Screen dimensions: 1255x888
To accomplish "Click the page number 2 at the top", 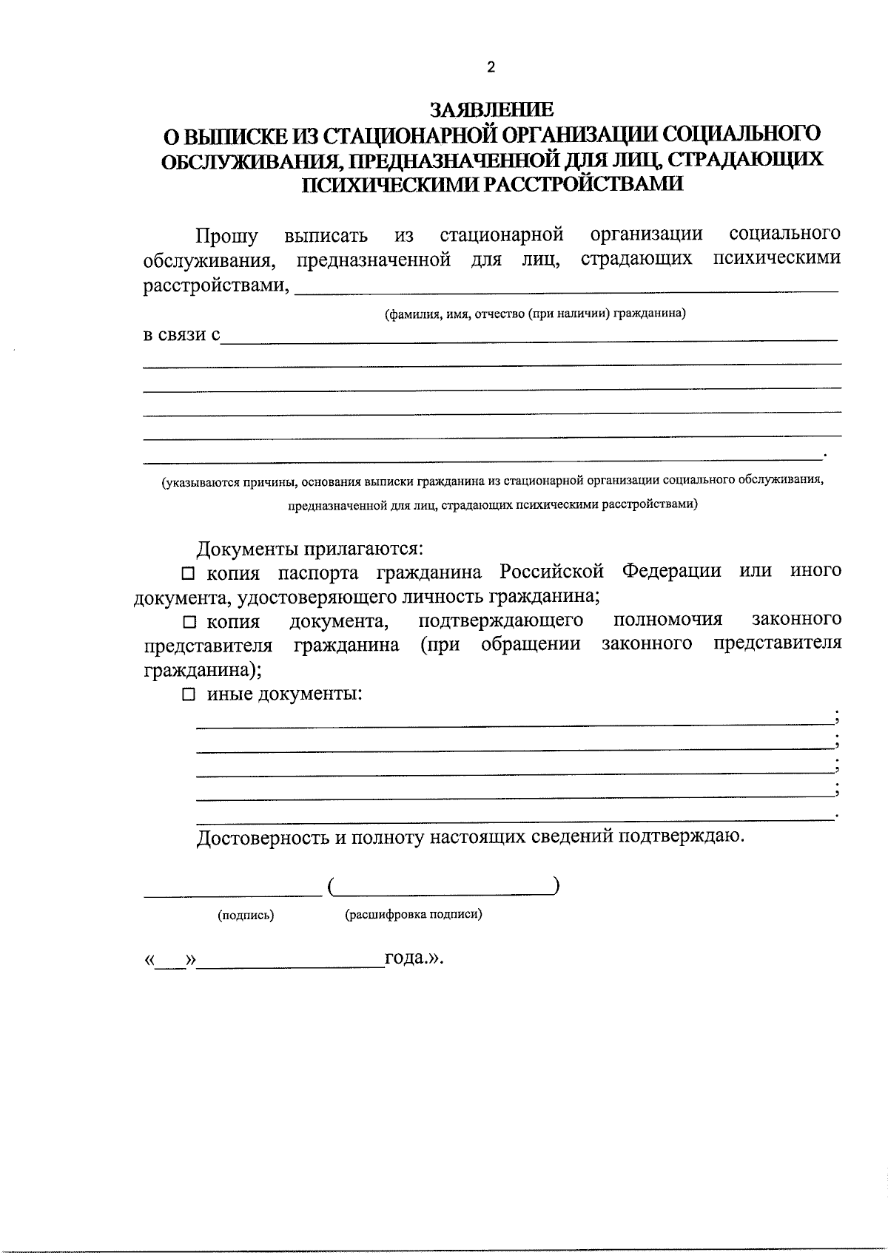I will pyautogui.click(x=491, y=67).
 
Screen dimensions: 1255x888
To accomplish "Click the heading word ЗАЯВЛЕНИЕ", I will pyautogui.click(x=492, y=110).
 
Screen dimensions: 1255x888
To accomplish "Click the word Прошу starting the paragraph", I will pyautogui.click(x=226, y=236).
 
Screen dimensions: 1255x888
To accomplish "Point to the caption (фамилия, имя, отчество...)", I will pyautogui.click(x=534, y=314).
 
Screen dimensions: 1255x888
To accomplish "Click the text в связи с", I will pyautogui.click(x=181, y=335).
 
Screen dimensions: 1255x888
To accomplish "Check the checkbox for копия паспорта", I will pyautogui.click(x=189, y=573).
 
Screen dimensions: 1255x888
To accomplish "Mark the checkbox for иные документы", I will pyautogui.click(x=189, y=694).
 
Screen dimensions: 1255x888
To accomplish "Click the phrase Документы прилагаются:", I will pyautogui.click(x=309, y=549).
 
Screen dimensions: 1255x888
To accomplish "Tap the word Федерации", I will pyautogui.click(x=671, y=572).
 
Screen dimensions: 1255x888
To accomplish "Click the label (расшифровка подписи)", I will pyautogui.click(x=414, y=915).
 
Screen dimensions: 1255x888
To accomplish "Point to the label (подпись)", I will pyautogui.click(x=246, y=916).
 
